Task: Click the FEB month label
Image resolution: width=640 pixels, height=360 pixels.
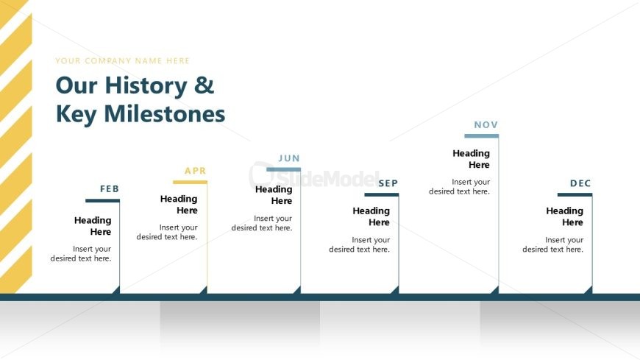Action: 110,188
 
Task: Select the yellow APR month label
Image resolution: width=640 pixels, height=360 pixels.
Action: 196,171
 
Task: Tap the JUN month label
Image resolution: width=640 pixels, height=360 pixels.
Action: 289,158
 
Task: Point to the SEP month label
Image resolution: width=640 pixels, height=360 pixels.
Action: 388,183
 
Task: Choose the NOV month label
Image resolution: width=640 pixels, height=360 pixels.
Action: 486,124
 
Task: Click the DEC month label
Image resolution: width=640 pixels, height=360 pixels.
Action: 580,183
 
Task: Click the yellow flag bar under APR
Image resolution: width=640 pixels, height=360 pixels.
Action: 190,183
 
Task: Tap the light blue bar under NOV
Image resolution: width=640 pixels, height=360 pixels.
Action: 482,136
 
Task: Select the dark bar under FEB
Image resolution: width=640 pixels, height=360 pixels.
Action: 102,201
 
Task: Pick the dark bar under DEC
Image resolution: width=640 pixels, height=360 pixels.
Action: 575,195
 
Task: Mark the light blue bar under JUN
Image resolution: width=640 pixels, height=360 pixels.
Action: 284,169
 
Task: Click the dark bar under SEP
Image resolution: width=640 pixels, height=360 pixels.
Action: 382,195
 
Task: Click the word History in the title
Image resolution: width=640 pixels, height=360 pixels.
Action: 146,86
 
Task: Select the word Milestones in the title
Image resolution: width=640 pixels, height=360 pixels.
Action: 165,114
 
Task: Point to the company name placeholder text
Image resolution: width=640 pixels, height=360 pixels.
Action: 122,61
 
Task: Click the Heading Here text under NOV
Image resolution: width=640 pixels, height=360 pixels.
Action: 471,159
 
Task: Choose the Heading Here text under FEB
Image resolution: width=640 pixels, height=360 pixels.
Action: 93,226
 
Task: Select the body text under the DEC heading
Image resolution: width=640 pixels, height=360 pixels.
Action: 553,244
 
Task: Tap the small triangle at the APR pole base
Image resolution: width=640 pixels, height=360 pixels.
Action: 204,291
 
